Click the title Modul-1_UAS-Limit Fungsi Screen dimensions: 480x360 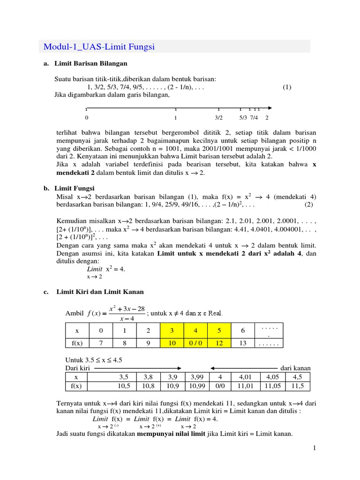(x=99, y=46)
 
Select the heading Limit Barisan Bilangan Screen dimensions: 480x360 (x=90, y=63)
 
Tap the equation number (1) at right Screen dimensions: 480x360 (x=287, y=87)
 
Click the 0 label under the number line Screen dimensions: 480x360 (x=86, y=118)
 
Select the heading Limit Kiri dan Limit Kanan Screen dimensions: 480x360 (x=100, y=292)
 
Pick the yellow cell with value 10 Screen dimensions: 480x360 (x=172, y=343)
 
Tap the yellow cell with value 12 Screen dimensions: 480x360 (x=219, y=343)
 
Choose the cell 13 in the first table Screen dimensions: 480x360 (x=243, y=343)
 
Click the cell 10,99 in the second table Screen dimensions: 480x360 (x=197, y=386)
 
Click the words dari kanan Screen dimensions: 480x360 (x=298, y=367)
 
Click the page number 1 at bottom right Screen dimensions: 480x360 (x=315, y=449)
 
